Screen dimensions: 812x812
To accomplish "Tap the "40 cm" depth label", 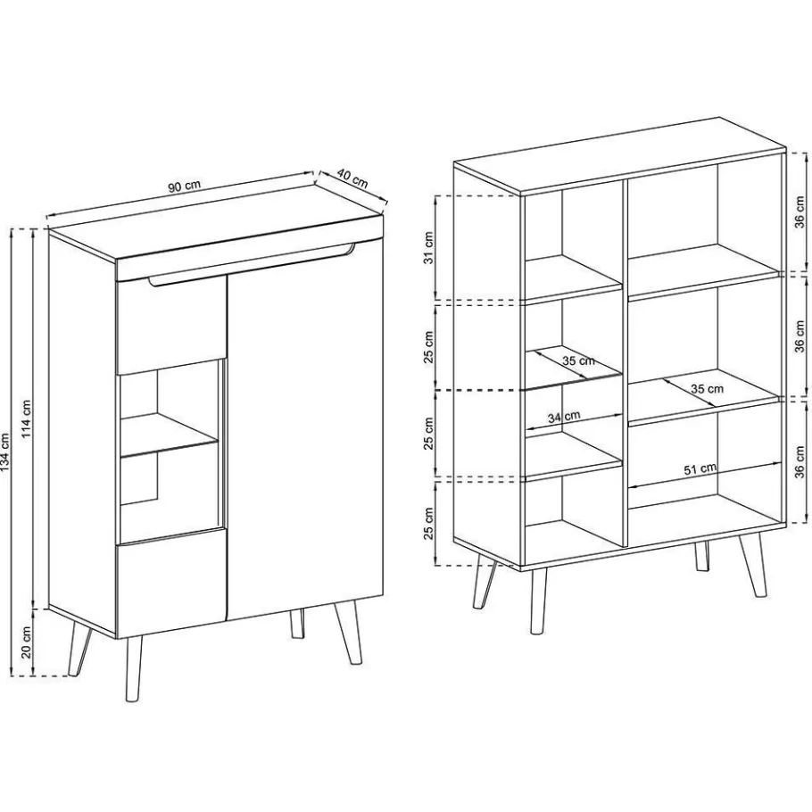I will pos(354,179).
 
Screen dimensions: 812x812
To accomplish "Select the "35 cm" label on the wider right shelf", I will pos(707,388).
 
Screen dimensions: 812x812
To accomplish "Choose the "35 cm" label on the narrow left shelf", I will pos(578,361).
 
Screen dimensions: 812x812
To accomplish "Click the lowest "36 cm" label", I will pos(800,459).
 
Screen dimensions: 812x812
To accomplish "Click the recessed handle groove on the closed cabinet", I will pos(250,268).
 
